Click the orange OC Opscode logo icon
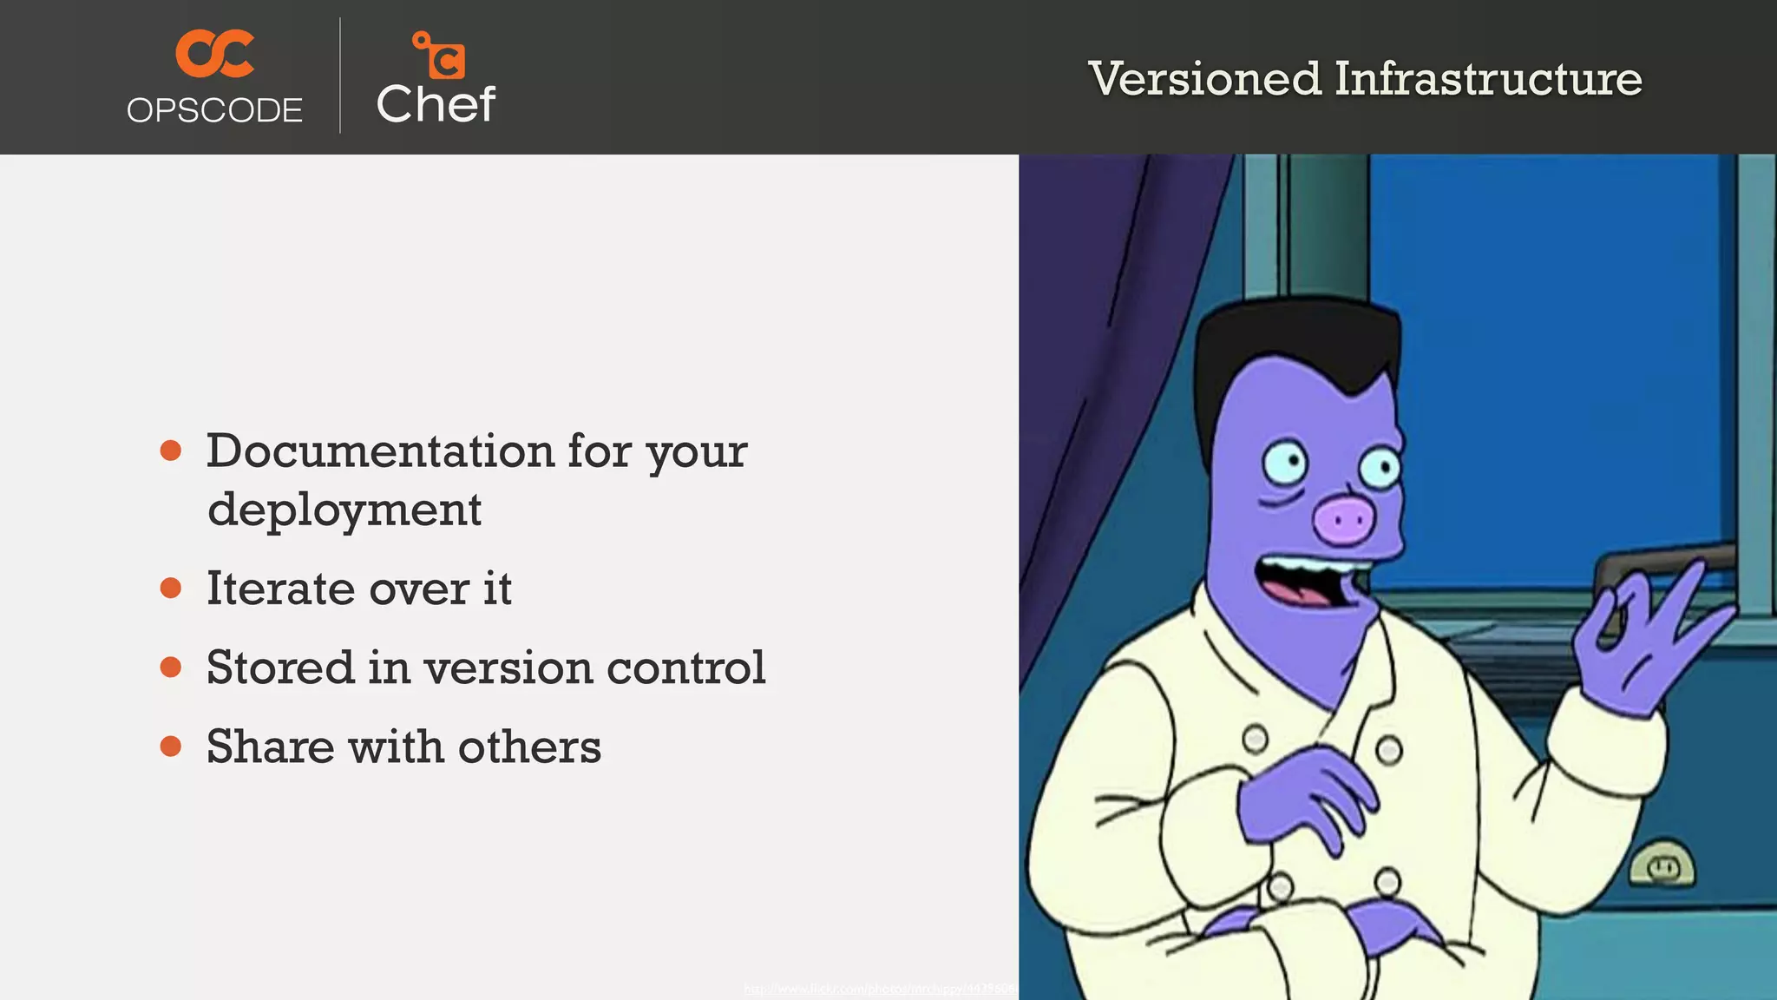(214, 53)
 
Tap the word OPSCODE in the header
(214, 110)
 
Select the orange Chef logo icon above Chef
(439, 55)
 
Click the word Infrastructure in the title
(1488, 79)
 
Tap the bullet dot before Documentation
(171, 451)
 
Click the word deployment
(344, 510)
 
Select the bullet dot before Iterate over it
(171, 588)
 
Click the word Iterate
(279, 589)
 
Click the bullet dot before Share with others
(171, 746)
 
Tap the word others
(529, 747)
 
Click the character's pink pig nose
(1344, 520)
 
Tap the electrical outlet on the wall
(1661, 865)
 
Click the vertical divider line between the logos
(340, 76)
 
